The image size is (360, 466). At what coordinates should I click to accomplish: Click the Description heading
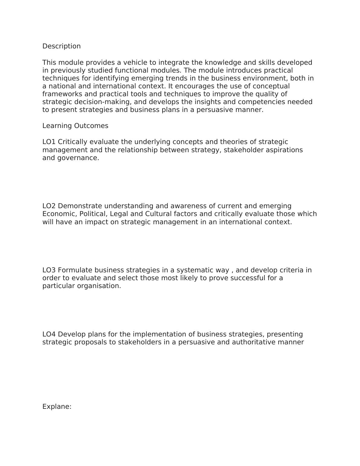[x=61, y=46]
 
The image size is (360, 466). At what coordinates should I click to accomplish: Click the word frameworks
[x=62, y=94]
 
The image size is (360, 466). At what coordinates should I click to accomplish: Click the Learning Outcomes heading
[x=75, y=126]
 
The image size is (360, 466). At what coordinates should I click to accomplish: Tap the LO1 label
[x=49, y=142]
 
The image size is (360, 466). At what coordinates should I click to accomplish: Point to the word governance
[x=78, y=158]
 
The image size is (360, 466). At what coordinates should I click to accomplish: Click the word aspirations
[x=284, y=150]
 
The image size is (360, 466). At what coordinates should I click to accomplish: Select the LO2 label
[x=49, y=206]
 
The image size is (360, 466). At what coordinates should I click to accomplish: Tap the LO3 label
[x=49, y=270]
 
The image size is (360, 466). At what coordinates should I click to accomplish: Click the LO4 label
[x=49, y=334]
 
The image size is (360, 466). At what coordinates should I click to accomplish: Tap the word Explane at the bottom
[x=56, y=407]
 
